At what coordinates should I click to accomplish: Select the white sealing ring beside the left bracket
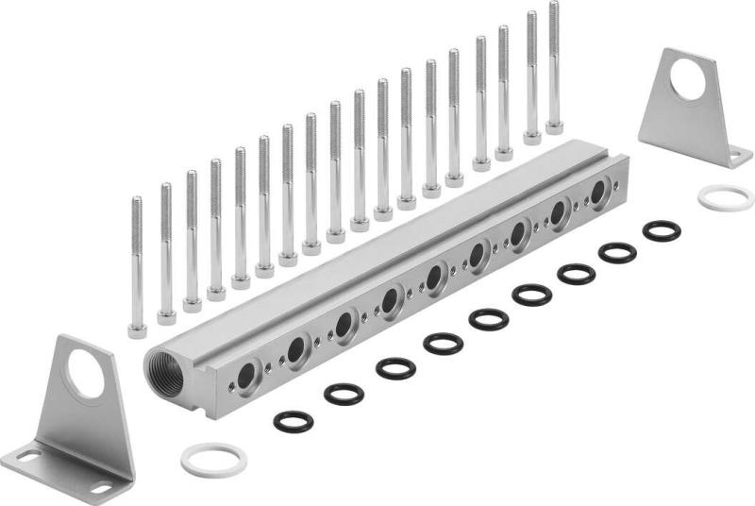point(213,460)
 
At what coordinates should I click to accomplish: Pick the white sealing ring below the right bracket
point(726,197)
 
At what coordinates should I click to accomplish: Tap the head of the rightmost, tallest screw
point(554,126)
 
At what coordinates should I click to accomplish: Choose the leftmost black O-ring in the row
point(294,420)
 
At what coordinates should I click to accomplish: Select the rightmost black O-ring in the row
point(662,230)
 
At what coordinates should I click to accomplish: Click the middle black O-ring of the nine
point(488,319)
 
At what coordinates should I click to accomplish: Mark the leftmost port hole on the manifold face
point(246,376)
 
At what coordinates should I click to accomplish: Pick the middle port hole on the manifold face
point(434,278)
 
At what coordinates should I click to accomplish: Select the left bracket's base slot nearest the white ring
point(99,487)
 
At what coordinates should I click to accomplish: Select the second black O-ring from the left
point(344,394)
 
